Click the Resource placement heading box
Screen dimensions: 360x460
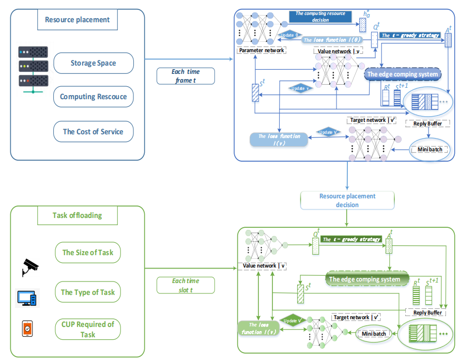(x=78, y=20)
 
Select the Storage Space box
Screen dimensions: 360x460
(x=93, y=63)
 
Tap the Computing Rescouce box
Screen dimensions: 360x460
(x=93, y=97)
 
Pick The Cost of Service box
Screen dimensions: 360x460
(x=93, y=132)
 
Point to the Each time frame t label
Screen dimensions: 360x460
(x=186, y=76)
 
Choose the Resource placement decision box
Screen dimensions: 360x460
(x=347, y=200)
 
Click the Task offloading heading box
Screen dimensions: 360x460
(x=77, y=215)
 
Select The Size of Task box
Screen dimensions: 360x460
(x=88, y=253)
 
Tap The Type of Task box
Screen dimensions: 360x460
(x=88, y=292)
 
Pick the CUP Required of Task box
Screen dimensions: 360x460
(x=88, y=330)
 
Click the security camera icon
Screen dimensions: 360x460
(x=30, y=267)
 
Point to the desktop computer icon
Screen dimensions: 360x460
(x=27, y=298)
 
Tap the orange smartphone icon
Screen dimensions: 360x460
(x=27, y=328)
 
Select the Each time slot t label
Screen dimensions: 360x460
(x=186, y=285)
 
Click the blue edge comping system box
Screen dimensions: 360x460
(x=403, y=74)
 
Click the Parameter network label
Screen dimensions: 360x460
(x=262, y=51)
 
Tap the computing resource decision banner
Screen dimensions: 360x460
(x=321, y=17)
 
